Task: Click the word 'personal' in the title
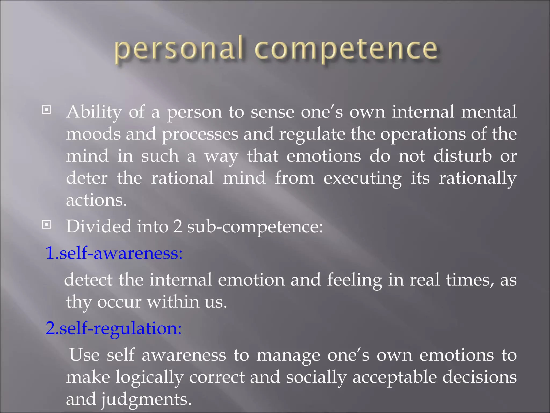(x=179, y=50)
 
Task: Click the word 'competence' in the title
(x=346, y=50)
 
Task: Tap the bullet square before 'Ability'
(x=46, y=110)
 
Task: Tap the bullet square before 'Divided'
(x=46, y=225)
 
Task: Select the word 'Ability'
(x=94, y=112)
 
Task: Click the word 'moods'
(x=93, y=134)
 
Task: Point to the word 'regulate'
(x=312, y=135)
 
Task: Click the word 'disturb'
(x=462, y=156)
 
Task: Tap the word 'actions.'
(x=96, y=201)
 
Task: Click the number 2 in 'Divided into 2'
(x=178, y=227)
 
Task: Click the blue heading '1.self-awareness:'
(x=114, y=253)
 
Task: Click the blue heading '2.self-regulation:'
(x=114, y=329)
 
